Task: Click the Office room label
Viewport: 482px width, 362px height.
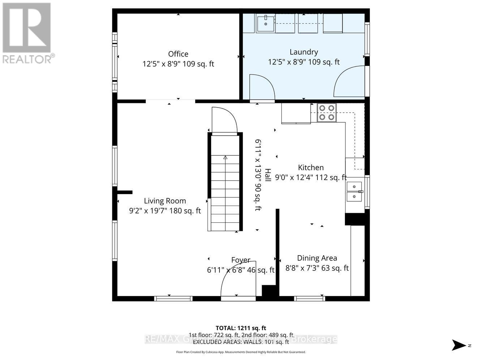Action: pos(178,54)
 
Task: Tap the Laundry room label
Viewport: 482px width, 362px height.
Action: pos(303,52)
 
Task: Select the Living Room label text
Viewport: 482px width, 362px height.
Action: pos(165,201)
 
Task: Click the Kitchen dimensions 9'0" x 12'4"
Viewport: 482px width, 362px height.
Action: pos(311,177)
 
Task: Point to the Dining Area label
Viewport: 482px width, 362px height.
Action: pos(317,258)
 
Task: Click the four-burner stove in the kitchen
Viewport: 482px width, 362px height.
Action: pos(327,112)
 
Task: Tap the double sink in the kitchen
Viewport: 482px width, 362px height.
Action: pos(354,191)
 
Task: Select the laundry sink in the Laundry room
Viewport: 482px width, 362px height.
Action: pos(265,23)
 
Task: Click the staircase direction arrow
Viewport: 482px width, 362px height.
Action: pos(225,157)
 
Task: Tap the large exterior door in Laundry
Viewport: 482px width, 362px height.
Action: pos(349,82)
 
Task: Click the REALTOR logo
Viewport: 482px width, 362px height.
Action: pos(27,33)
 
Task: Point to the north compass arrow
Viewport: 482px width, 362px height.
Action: pos(460,345)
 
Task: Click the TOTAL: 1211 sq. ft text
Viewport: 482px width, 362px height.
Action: pos(241,328)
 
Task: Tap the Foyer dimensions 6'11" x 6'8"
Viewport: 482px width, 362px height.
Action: pos(240,270)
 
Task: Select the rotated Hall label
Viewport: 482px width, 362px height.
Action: pos(268,175)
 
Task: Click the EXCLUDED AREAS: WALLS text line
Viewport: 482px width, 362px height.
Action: pos(241,341)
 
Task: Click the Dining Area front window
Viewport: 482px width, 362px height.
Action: pos(310,299)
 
